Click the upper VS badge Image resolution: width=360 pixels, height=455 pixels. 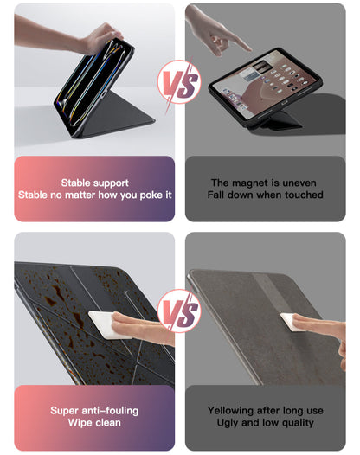tap(179, 82)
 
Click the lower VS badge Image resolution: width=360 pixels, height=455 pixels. tap(179, 311)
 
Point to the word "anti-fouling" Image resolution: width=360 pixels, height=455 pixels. tap(110, 411)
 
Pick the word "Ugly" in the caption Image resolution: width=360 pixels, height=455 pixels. tap(228, 423)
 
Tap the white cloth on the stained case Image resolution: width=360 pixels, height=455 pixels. tap(106, 324)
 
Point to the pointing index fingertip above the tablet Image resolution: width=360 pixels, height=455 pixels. tap(249, 49)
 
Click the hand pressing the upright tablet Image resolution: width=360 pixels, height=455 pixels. tap(101, 37)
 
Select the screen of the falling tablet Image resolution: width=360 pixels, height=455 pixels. tap(263, 84)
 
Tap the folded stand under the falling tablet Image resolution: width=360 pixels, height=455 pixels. tap(276, 119)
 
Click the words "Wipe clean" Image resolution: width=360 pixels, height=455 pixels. tap(94, 422)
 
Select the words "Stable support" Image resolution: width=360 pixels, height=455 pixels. tap(94, 183)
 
